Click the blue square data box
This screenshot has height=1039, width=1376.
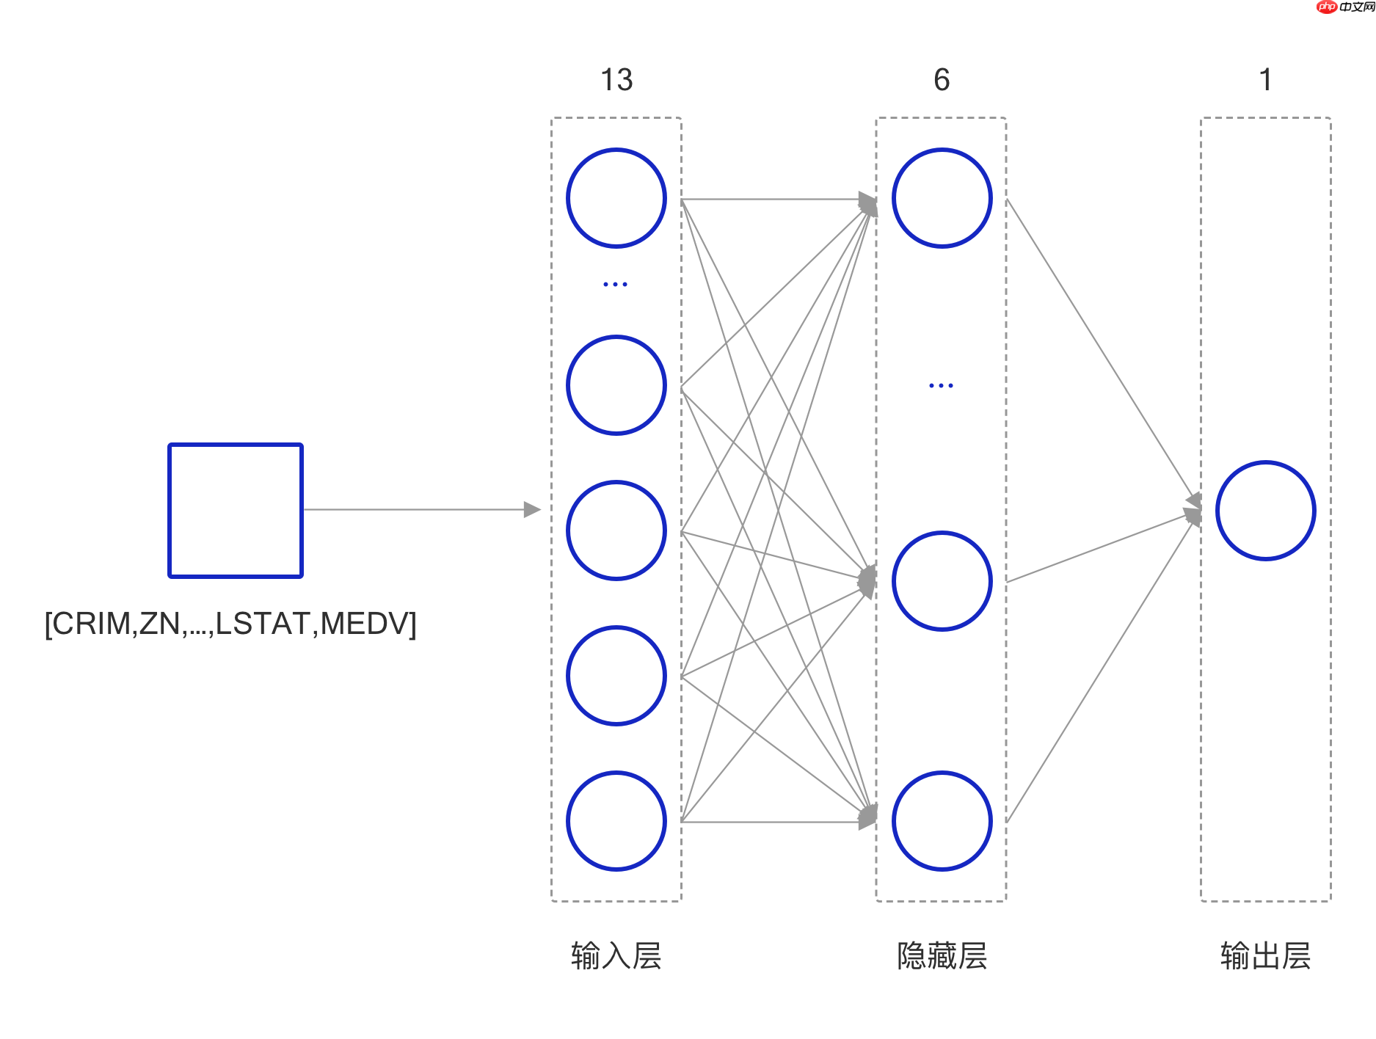coord(235,510)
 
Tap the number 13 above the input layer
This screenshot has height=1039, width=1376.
coord(616,79)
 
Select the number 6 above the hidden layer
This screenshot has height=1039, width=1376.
coord(942,79)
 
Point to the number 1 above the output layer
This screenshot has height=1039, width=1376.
coord(1265,79)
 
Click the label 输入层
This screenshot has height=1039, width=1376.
coord(616,956)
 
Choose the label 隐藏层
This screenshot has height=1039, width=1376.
coord(942,956)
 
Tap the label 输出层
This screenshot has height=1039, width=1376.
coord(1265,956)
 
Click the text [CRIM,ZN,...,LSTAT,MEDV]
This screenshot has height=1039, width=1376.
coord(230,624)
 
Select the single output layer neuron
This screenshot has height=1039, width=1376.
coord(1265,511)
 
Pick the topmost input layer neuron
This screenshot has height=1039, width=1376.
coord(616,198)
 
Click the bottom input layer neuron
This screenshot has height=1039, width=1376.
coord(616,821)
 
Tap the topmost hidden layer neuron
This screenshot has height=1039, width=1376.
coord(942,198)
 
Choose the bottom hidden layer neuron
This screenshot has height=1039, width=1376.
coord(942,821)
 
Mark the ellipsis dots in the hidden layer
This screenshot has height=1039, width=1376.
coord(941,385)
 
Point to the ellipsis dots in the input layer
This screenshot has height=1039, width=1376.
coord(615,284)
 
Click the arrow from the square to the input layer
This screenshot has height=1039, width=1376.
coord(422,509)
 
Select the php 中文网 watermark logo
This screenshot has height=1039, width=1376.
coord(1345,7)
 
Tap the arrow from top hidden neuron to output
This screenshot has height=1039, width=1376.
coord(1101,349)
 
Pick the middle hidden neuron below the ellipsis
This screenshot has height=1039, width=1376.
coord(942,581)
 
